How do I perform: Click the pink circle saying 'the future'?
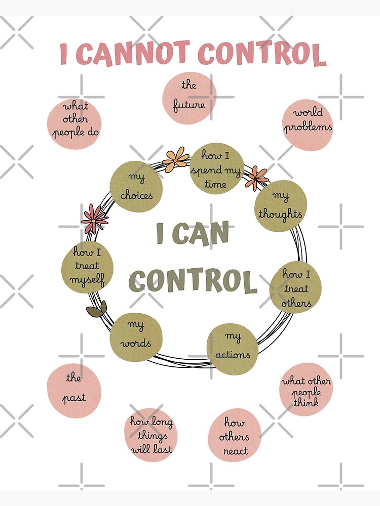click(189, 98)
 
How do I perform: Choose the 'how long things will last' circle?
click(150, 435)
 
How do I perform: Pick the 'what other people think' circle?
click(306, 389)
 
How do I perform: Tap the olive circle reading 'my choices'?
click(136, 187)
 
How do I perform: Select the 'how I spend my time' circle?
click(216, 169)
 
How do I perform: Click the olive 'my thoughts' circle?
click(280, 206)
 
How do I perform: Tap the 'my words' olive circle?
click(136, 337)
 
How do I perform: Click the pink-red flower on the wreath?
click(94, 219)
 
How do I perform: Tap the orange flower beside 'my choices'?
click(175, 159)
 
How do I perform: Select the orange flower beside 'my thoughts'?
click(256, 178)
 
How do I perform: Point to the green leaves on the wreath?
click(97, 310)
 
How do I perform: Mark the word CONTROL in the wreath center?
click(193, 281)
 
